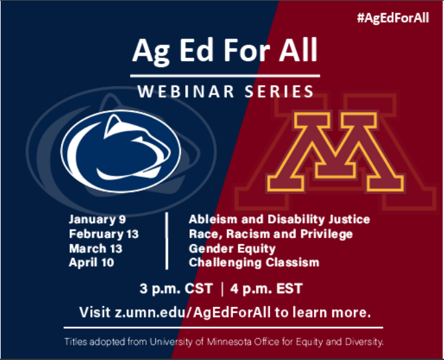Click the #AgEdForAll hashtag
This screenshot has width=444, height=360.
tap(393, 17)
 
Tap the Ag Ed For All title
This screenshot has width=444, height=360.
tap(225, 51)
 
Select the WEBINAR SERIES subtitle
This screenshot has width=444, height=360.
tap(226, 91)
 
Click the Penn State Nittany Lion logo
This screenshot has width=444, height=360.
tap(121, 151)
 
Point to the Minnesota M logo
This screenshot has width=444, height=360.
tap(335, 152)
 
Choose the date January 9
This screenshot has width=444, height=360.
tap(97, 219)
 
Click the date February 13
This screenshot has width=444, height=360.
tap(104, 234)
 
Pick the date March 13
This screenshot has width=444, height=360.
tap(96, 249)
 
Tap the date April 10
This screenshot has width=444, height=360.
tap(91, 263)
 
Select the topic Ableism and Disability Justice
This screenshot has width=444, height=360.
tap(279, 219)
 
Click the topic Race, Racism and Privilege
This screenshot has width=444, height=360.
tap(271, 234)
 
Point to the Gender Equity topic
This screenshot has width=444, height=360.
tap(232, 249)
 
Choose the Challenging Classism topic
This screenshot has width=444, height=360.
tap(254, 263)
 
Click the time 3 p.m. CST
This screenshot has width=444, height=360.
tap(176, 289)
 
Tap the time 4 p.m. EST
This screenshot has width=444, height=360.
tap(266, 289)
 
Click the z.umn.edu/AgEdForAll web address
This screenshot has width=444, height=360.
tap(192, 312)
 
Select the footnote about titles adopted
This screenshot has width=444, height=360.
tap(224, 342)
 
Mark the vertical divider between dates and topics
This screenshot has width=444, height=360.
tap(167, 241)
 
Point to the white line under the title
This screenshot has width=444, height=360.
tap(225, 76)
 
